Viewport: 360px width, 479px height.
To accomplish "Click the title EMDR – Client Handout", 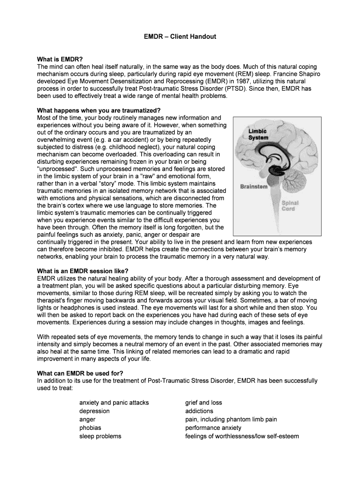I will (180, 36).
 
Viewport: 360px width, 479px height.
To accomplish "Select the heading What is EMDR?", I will (60, 59).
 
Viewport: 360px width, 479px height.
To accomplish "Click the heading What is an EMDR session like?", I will (82, 271).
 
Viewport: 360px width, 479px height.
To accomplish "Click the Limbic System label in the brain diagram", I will (258, 134).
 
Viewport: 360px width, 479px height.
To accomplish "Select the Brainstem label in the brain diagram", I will (254, 187).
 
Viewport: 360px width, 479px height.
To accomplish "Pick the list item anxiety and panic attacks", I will (114, 402).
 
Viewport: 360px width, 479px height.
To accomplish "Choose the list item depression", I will (94, 411).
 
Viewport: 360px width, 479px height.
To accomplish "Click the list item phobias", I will (90, 428).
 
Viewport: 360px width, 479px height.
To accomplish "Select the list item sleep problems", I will (100, 436).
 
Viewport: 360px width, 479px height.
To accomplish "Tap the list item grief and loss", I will (203, 402).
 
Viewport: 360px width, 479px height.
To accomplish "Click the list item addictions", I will (199, 411).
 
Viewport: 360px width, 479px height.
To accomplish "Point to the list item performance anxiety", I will (213, 428).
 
